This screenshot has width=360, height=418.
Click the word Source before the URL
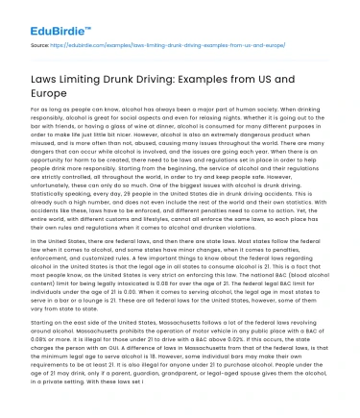coord(41,45)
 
